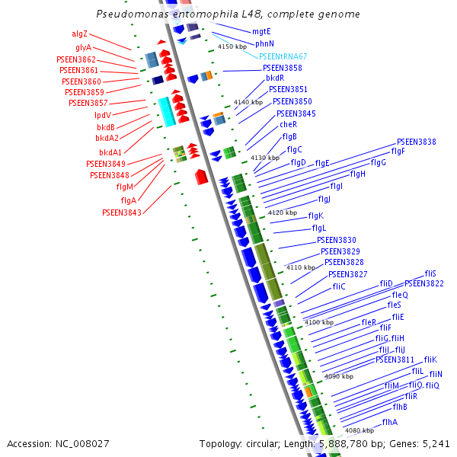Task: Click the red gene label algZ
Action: pos(80,34)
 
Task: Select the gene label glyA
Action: pos(83,47)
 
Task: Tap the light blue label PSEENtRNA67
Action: pos(283,56)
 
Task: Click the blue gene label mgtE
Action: pos(261,32)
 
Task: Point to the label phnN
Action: pos(264,44)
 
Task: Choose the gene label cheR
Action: pos(288,124)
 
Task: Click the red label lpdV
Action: pos(103,115)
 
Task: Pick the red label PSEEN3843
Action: pos(122,213)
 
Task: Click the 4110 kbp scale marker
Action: pos(300,267)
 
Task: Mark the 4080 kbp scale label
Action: pos(358,430)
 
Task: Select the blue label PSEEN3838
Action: pos(416,142)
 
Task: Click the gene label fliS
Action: pos(430,273)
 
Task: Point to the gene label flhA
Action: pos(390,421)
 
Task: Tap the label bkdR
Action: pos(275,78)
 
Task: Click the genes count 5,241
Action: pos(435,443)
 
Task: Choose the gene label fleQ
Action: pos(400,295)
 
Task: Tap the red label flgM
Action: pos(125,187)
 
